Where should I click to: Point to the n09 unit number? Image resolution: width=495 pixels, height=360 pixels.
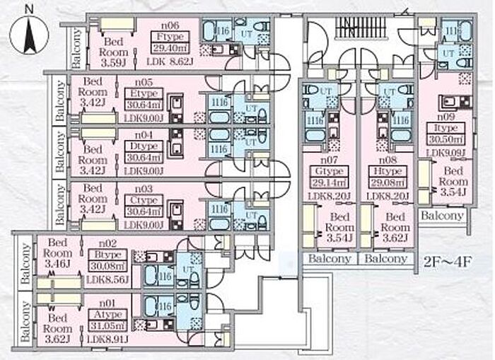[445, 117]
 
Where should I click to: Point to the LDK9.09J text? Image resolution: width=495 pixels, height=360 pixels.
[446, 151]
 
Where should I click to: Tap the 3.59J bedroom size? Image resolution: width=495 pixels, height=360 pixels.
[114, 62]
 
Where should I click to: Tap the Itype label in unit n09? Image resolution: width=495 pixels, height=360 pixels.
[445, 128]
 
